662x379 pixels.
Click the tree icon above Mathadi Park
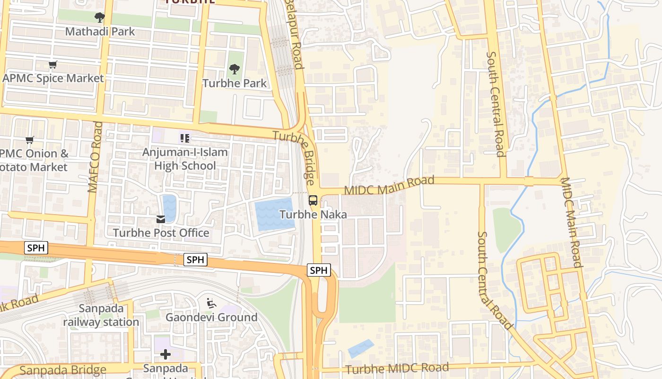click(99, 18)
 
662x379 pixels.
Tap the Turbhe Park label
click(235, 83)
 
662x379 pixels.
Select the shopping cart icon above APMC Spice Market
click(53, 64)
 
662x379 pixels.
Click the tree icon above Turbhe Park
click(234, 69)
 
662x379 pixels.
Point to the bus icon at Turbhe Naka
click(313, 200)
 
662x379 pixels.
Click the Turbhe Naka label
click(313, 215)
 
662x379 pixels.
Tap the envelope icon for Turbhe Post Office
click(161, 219)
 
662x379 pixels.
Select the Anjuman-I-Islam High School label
click(185, 159)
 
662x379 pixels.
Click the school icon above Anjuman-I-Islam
click(184, 138)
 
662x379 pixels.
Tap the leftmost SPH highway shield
click(36, 248)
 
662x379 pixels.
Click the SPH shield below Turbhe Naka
click(319, 271)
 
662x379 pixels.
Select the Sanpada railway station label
click(101, 316)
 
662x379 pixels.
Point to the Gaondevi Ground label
click(211, 317)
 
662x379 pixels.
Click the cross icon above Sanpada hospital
click(165, 354)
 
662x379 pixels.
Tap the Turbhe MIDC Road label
click(397, 369)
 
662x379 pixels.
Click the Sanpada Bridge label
click(57, 370)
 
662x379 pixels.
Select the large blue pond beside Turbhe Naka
click(273, 215)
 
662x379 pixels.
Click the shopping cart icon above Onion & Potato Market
click(30, 140)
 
